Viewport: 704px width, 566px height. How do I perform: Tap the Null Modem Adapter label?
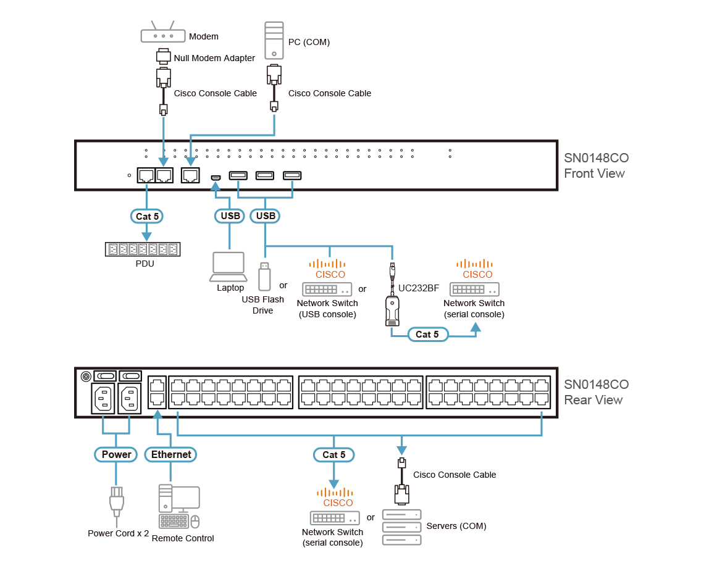click(214, 58)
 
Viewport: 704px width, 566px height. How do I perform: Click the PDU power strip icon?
click(142, 249)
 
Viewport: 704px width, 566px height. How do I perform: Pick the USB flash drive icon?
click(264, 275)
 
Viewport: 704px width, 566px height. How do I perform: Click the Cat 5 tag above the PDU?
click(147, 216)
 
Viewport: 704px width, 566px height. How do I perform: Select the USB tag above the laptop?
click(230, 216)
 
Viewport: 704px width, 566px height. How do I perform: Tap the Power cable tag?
click(117, 455)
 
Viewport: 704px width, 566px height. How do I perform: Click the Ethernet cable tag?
click(171, 455)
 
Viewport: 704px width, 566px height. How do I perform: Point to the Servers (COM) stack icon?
click(401, 526)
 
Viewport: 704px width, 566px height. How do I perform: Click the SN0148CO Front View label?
click(595, 165)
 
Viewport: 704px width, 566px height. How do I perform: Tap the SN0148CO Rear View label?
click(595, 392)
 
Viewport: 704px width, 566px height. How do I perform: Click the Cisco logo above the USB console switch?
click(330, 268)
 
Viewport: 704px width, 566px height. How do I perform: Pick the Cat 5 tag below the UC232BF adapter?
click(427, 335)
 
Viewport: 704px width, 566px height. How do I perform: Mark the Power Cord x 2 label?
click(118, 533)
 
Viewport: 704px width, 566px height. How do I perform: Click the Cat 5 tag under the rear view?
click(334, 455)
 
